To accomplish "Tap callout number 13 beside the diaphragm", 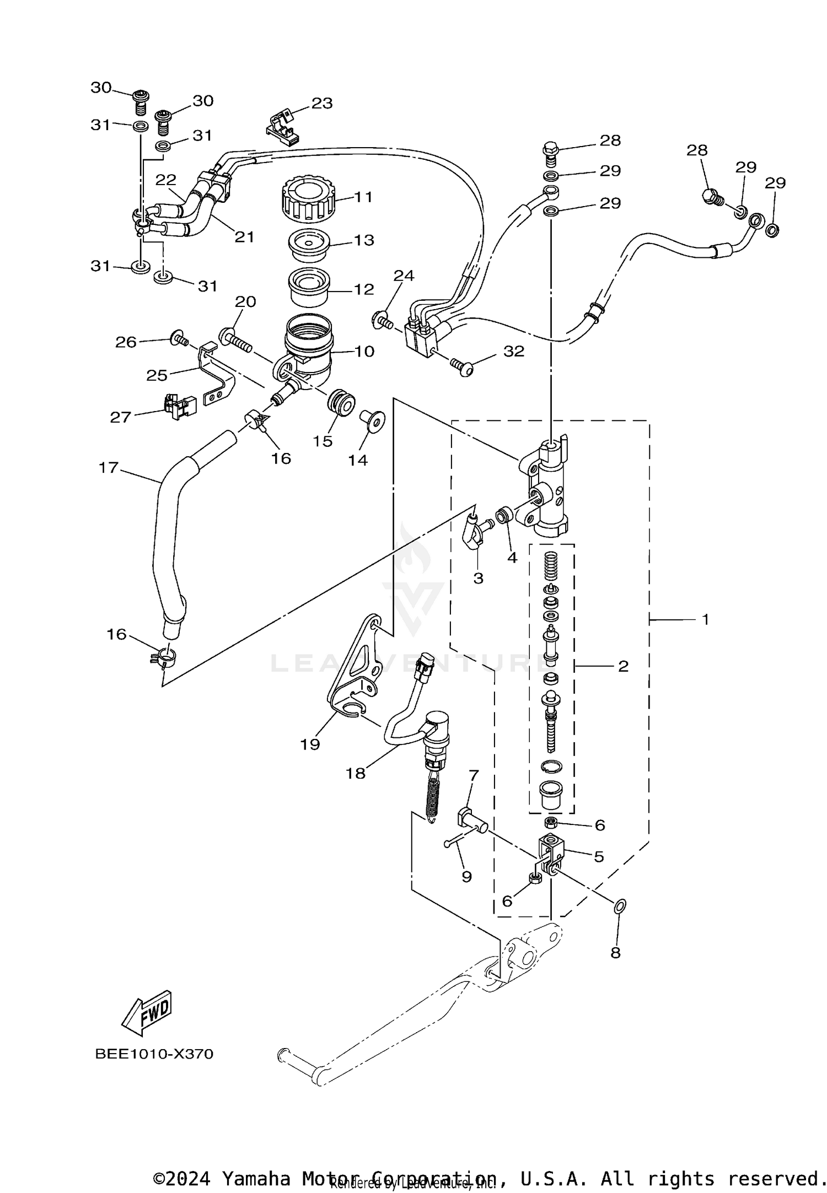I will pyautogui.click(x=364, y=240).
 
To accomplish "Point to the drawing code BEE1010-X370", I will pyautogui.click(x=154, y=1054).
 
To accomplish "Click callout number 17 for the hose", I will pyautogui.click(x=109, y=468).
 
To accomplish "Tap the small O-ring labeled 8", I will pyautogui.click(x=620, y=905).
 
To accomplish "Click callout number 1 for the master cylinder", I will pyautogui.click(x=705, y=619).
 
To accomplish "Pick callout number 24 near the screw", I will pyautogui.click(x=404, y=276).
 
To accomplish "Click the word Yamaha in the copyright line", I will pyautogui.click(x=256, y=1178).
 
